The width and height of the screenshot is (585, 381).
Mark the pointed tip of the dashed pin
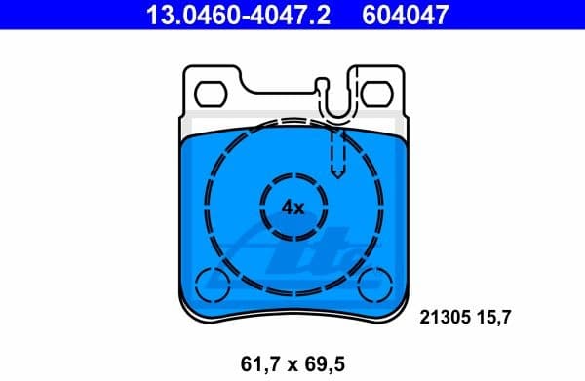point(337,175)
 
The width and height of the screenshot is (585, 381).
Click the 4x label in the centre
point(292,207)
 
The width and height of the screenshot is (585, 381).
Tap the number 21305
point(444,316)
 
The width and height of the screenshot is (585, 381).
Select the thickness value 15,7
point(494,316)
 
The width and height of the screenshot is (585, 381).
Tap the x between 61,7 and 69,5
point(290,364)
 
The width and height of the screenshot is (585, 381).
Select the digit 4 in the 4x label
point(287,207)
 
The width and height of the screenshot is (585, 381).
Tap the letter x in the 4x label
point(299,208)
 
